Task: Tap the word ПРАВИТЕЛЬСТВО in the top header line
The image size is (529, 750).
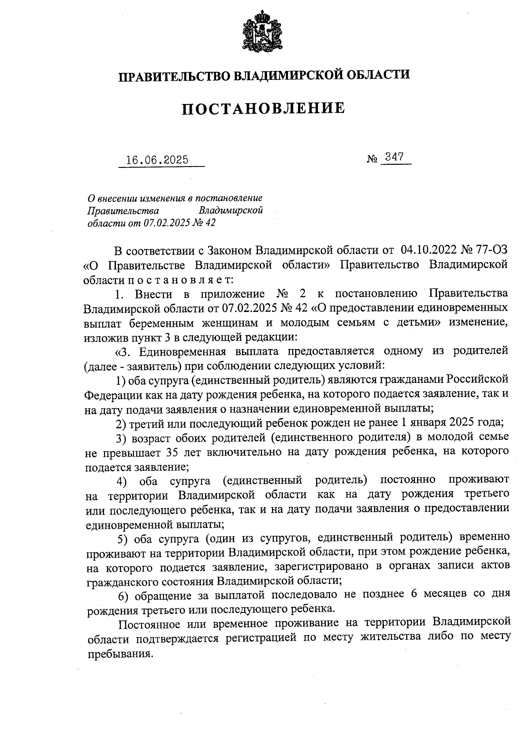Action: pos(173,75)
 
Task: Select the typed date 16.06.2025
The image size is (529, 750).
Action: pos(157,160)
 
